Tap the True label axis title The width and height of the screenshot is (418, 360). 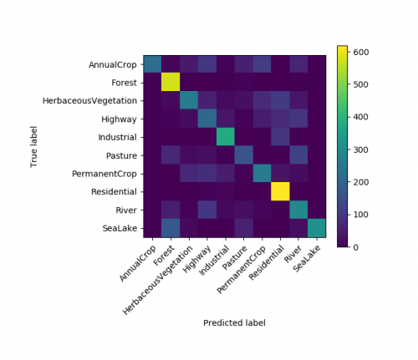pos(36,147)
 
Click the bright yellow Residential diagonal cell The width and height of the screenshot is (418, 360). pos(281,192)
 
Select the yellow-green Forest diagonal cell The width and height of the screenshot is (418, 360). pos(171,83)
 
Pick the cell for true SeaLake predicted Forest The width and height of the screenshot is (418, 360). pos(171,229)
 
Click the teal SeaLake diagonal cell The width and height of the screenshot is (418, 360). pos(318,229)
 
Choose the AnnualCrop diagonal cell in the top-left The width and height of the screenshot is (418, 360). pos(153,64)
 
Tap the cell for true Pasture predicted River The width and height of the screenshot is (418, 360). pos(299,155)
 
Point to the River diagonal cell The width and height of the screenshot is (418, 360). pos(299,210)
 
